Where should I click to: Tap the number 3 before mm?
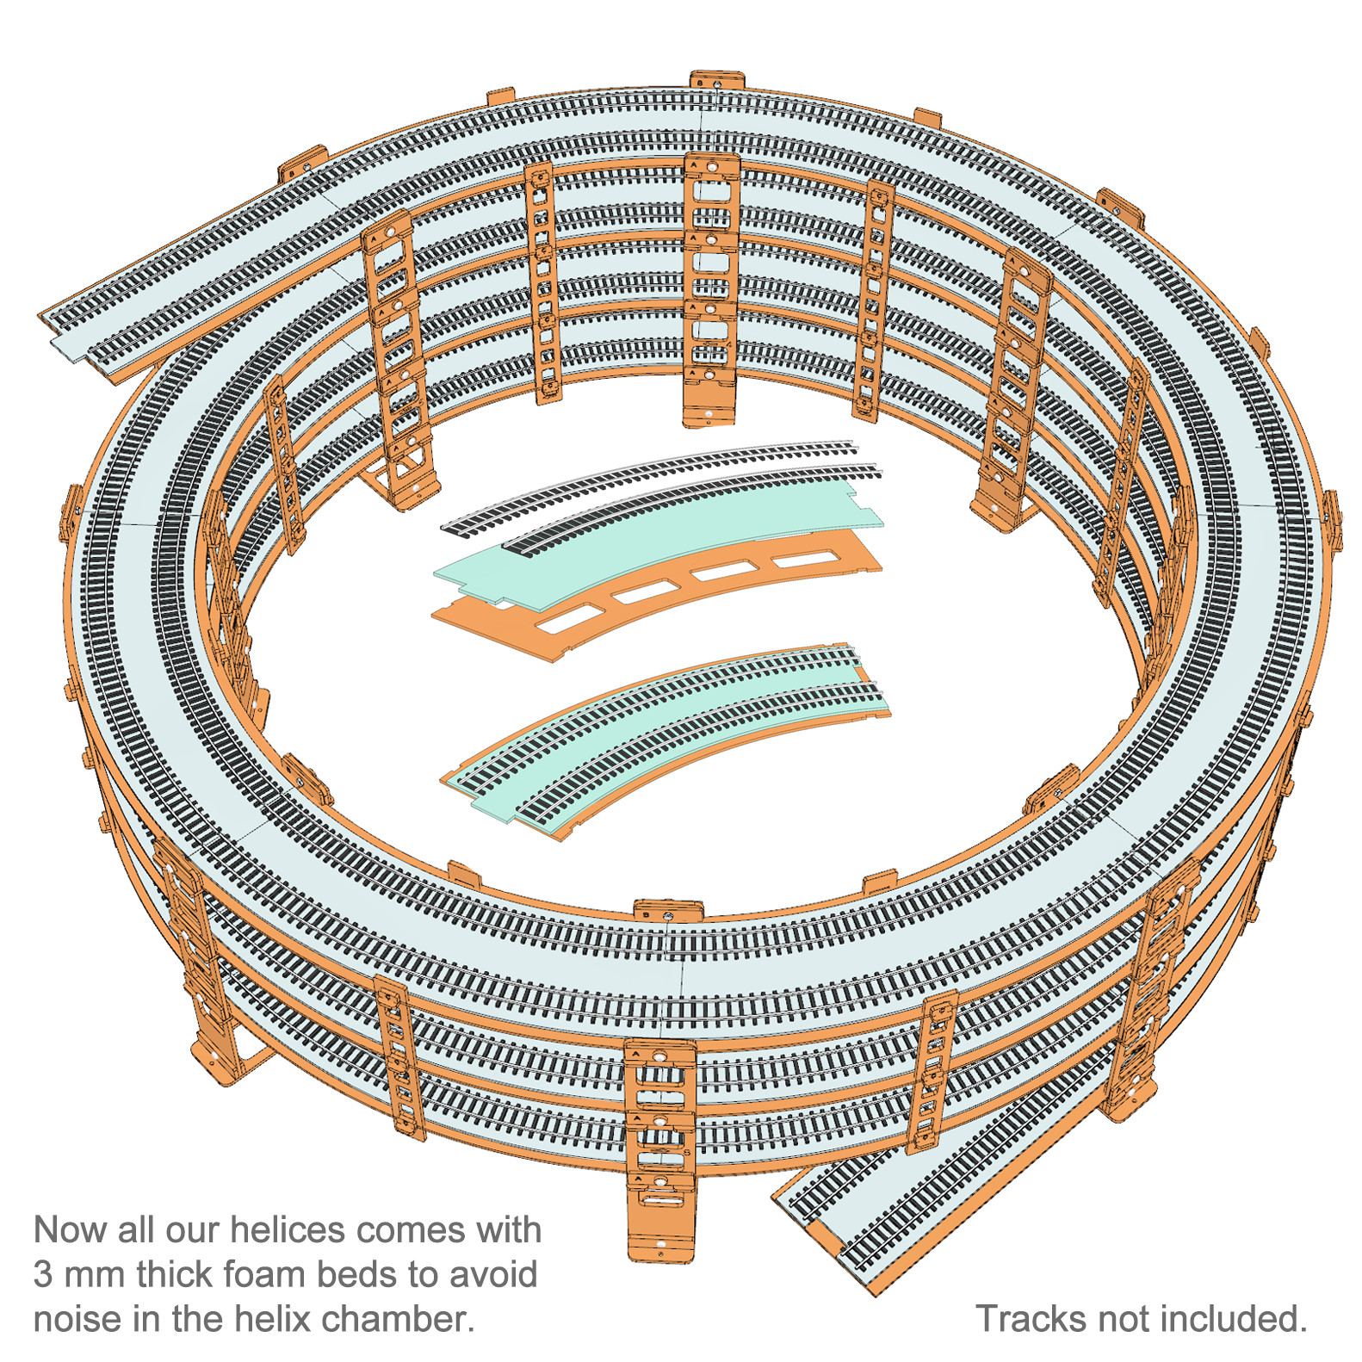point(43,1275)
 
